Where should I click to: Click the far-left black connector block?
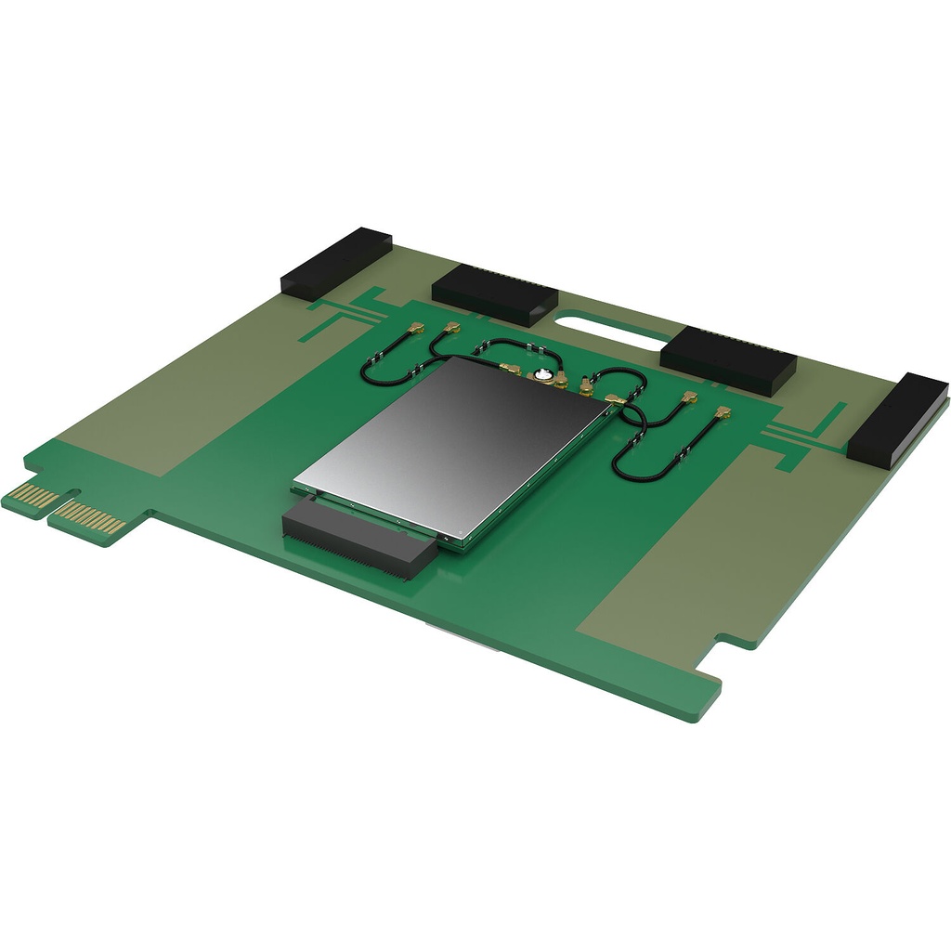[336, 263]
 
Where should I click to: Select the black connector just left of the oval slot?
[494, 293]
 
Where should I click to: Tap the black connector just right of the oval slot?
[727, 358]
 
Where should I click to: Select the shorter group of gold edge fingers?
[34, 497]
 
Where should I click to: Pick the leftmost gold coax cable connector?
[417, 329]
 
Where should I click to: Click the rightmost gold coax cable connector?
[723, 411]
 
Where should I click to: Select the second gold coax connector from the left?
[451, 328]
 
